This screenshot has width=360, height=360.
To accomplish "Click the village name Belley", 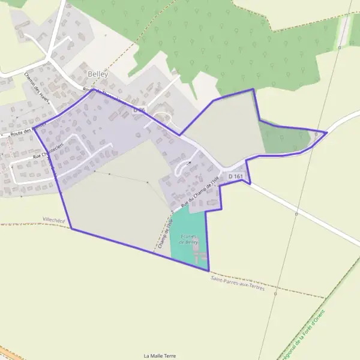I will pos(98,73).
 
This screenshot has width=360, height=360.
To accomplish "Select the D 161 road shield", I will pos(236,176).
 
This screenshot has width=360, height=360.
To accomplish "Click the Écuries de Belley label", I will pos(188,239).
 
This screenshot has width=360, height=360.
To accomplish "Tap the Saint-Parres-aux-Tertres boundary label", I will pos(238,284).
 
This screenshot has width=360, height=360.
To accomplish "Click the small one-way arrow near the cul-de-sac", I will pos(188,163).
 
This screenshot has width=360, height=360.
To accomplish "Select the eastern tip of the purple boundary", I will pos(326,131).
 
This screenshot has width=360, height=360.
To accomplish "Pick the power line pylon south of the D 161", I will pos(296,213).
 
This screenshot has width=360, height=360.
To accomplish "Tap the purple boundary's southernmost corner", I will pos(208,271).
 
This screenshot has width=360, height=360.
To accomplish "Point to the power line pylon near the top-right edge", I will pos(340,47).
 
